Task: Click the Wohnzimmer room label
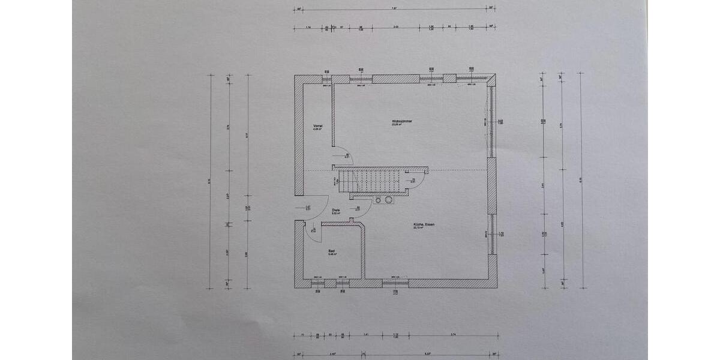[x=397, y=122]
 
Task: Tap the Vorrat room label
[x=318, y=127]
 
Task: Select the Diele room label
[x=336, y=211]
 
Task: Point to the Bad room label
[x=331, y=252]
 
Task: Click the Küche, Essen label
[x=424, y=226]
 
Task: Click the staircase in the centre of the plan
[x=369, y=179]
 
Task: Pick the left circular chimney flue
[x=379, y=199]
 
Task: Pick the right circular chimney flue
[x=389, y=199]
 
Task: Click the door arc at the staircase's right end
[x=421, y=179]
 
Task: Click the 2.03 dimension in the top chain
[x=396, y=28]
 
